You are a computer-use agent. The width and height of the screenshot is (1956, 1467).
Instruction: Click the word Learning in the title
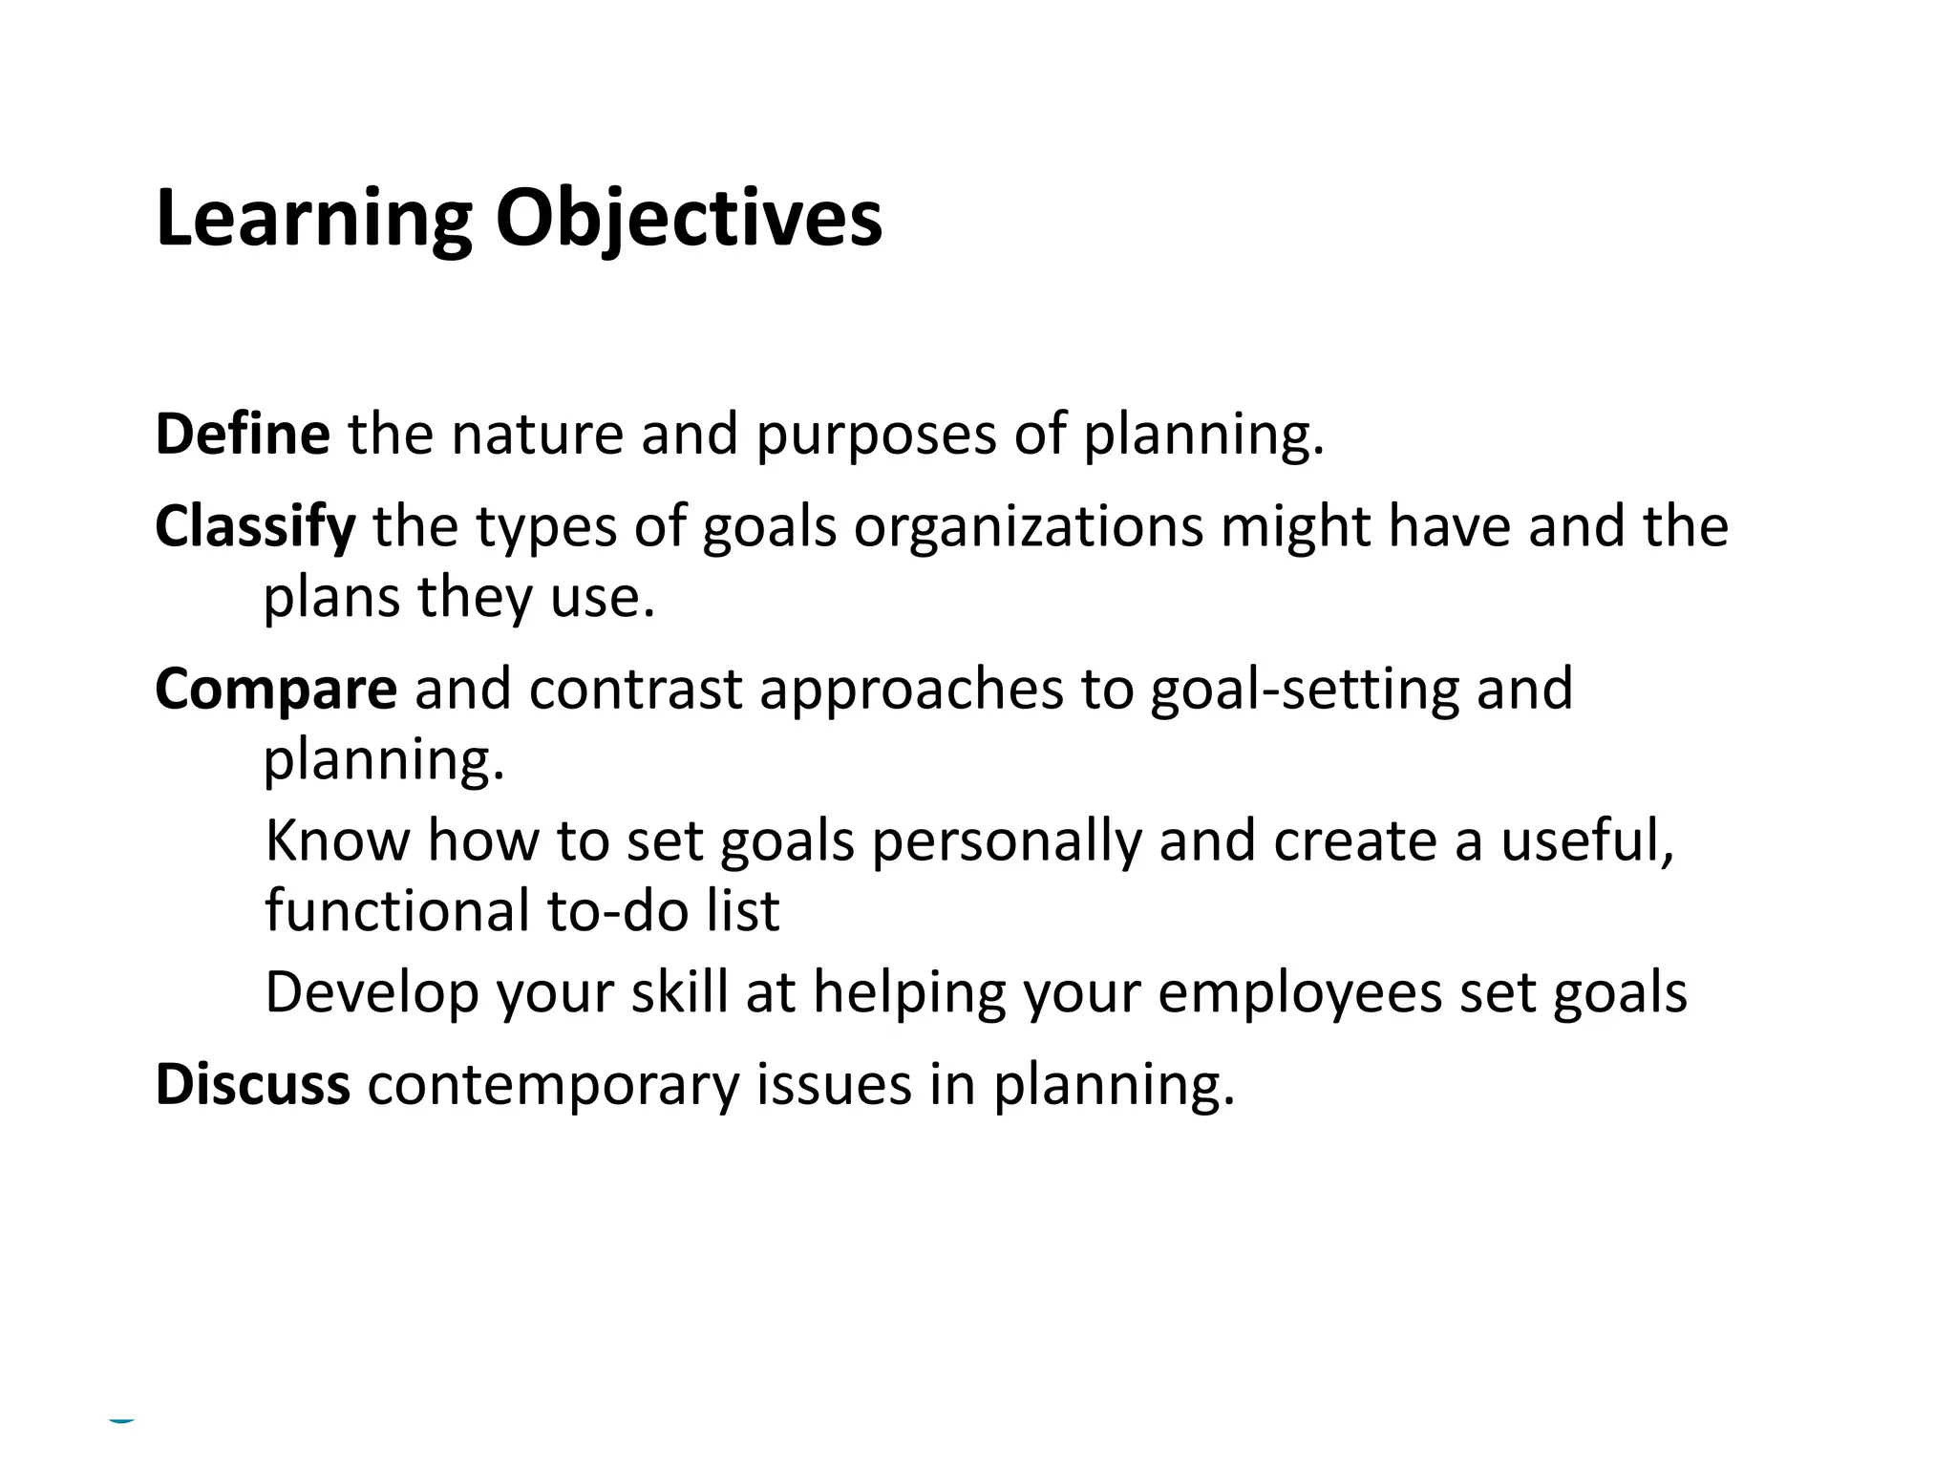pyautogui.click(x=314, y=220)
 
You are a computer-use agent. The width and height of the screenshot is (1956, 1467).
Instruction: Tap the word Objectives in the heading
pyautogui.click(x=689, y=220)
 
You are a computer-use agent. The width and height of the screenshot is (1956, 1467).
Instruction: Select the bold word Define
pyautogui.click(x=243, y=435)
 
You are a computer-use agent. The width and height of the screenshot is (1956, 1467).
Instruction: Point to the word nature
pyautogui.click(x=537, y=435)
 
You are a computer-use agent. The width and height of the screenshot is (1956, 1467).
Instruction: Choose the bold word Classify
pyautogui.click(x=255, y=528)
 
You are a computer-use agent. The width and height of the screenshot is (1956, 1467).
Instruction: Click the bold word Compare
pyautogui.click(x=276, y=690)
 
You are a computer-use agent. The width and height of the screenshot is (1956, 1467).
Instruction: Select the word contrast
pyautogui.click(x=635, y=690)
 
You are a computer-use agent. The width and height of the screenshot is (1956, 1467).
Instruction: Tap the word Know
pyautogui.click(x=337, y=841)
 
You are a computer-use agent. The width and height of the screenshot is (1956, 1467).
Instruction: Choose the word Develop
pyautogui.click(x=372, y=994)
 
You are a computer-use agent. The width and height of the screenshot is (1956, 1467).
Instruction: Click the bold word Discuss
pyautogui.click(x=253, y=1086)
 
